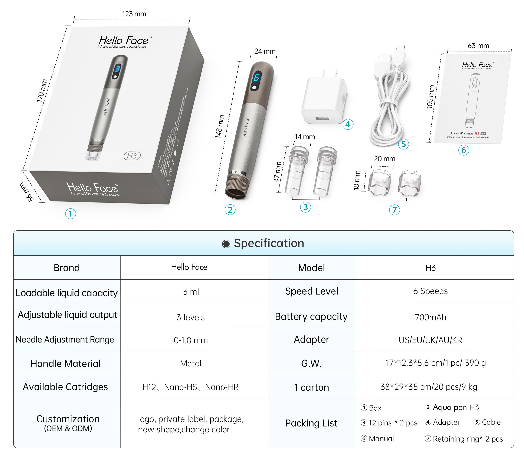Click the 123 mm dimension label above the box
(134, 14)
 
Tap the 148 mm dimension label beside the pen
(220, 127)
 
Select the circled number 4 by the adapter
(348, 124)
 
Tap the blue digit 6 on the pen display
(256, 77)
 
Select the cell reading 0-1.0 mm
(191, 340)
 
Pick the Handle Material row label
(65, 364)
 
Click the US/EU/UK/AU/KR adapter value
(430, 340)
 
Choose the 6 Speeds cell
(430, 291)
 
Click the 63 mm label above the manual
(478, 46)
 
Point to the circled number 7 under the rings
(394, 210)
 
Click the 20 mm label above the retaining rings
(384, 159)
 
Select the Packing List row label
(311, 423)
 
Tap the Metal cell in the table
(191, 364)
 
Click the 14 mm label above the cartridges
(305, 137)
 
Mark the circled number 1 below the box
(71, 214)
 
